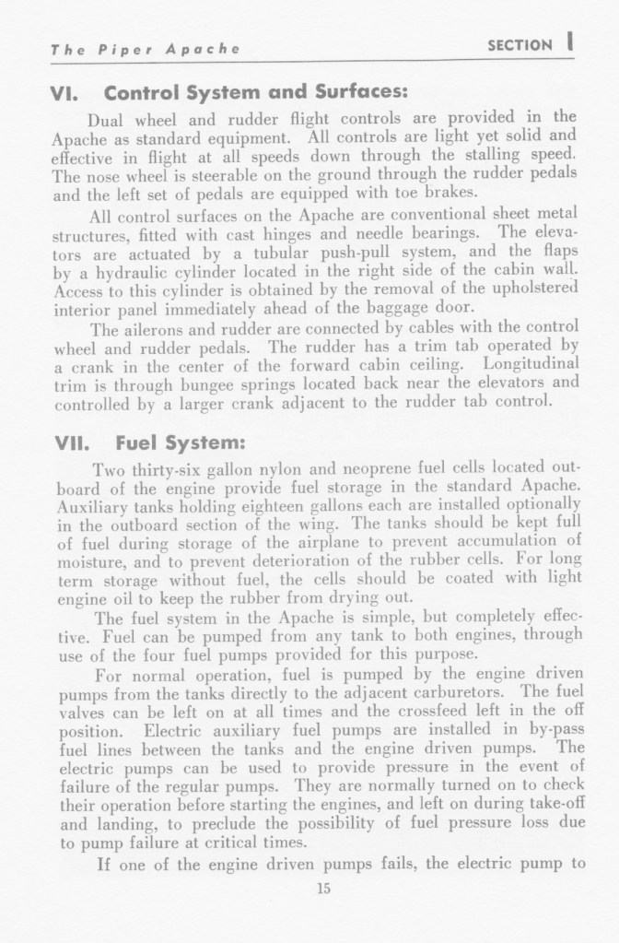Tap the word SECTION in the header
(518, 45)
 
